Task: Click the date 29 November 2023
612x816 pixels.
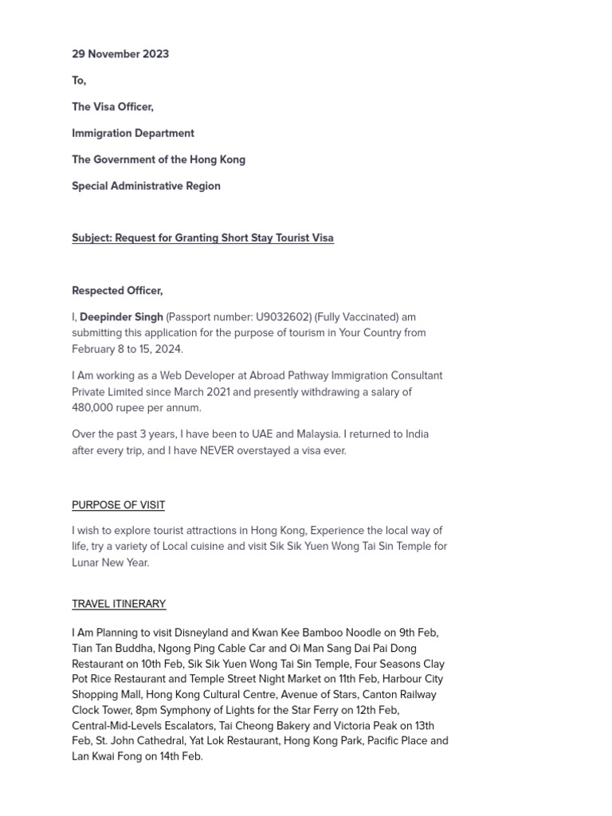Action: tap(120, 54)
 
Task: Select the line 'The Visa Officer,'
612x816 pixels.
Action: tap(112, 107)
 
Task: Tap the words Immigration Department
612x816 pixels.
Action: tap(133, 133)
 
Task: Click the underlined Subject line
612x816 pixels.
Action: tap(202, 238)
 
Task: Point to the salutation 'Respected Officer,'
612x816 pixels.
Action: tap(117, 291)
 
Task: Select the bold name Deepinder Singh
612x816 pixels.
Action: tap(121, 317)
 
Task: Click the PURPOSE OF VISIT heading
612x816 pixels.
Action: tap(119, 505)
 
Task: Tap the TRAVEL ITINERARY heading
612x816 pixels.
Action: tap(119, 604)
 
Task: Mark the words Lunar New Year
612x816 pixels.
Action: tap(110, 563)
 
